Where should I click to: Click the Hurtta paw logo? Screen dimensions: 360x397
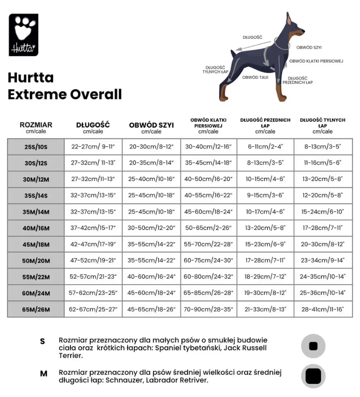point(24,35)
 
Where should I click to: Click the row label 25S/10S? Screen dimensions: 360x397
point(36,147)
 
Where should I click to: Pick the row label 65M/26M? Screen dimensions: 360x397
point(36,309)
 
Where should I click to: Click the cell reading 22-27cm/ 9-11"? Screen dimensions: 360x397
point(93,147)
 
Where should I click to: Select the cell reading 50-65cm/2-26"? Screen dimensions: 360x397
point(209,228)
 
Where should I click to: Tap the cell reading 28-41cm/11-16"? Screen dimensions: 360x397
point(323,309)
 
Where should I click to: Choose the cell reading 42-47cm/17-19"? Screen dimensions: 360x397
point(93,244)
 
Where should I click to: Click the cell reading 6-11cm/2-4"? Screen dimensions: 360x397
point(265,147)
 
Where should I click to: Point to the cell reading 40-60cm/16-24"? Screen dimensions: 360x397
point(151,276)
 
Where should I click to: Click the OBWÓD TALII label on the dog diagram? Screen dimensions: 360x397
point(255,77)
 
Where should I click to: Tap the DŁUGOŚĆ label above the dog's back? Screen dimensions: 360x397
point(253,37)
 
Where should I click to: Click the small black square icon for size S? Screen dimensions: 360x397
point(313,346)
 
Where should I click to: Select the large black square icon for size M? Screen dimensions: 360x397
point(313,376)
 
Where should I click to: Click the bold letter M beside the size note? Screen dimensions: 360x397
point(44,373)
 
